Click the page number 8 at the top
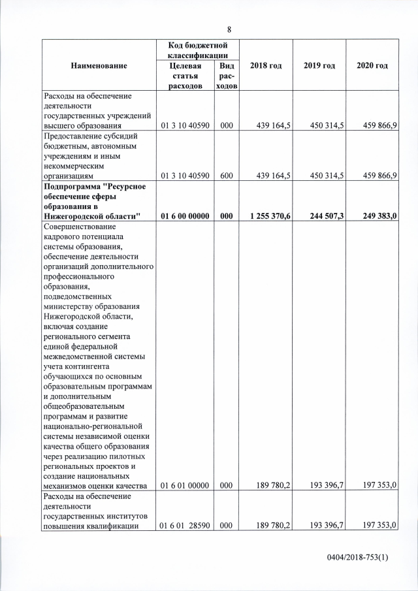point(229,29)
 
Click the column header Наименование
point(100,66)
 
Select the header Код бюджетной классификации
point(197,50)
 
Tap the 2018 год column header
point(265,66)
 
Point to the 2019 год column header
point(319,66)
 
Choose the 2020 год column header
point(372,66)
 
